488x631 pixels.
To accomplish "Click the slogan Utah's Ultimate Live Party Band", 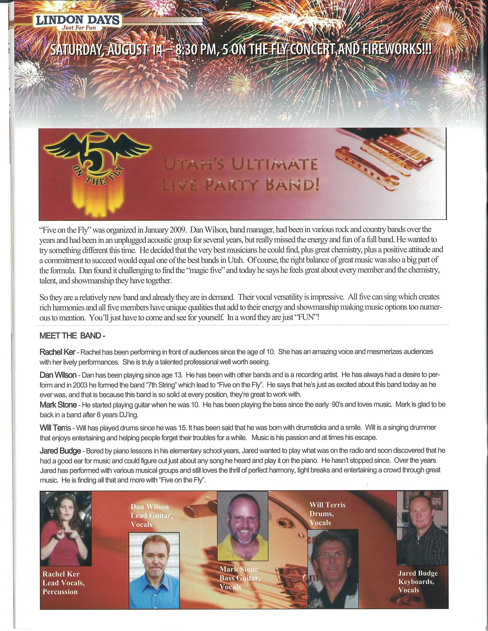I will [x=241, y=176].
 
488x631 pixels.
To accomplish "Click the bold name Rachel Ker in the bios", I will [x=57, y=352].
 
